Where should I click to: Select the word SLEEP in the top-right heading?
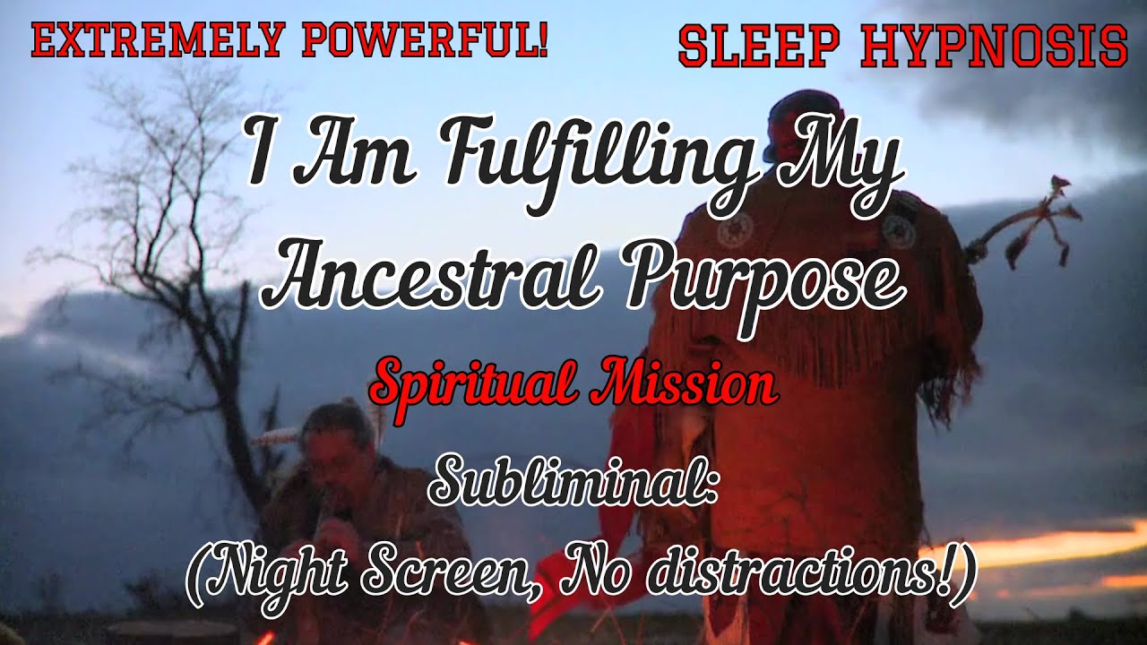760,47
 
